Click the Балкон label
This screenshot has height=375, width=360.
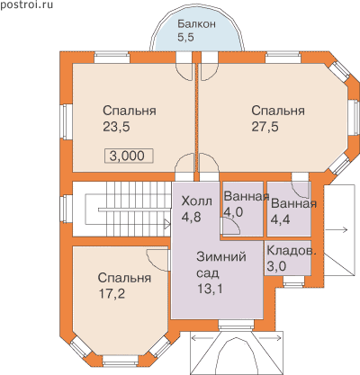click(196, 24)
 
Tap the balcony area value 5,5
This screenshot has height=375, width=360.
click(185, 37)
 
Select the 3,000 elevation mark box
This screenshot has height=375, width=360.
click(129, 156)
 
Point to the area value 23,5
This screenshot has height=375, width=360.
click(116, 127)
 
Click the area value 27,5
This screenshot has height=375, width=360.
click(265, 127)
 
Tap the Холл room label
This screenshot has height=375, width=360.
click(197, 201)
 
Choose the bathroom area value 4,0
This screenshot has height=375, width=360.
click(233, 212)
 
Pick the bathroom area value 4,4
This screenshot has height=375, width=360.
click(281, 219)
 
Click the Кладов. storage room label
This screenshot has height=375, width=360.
click(292, 251)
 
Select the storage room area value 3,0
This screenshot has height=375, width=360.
click(276, 266)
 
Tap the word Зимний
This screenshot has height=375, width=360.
click(221, 257)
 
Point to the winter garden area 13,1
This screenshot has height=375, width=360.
click(210, 289)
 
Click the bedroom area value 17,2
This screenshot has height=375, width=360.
click(112, 294)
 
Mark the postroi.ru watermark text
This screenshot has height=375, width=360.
click(26, 4)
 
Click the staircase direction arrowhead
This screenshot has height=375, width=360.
click(167, 223)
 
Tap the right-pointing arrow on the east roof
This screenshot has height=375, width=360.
click(336, 230)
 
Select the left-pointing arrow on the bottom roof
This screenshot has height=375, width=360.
click(202, 338)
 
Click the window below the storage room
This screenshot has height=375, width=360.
click(293, 281)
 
